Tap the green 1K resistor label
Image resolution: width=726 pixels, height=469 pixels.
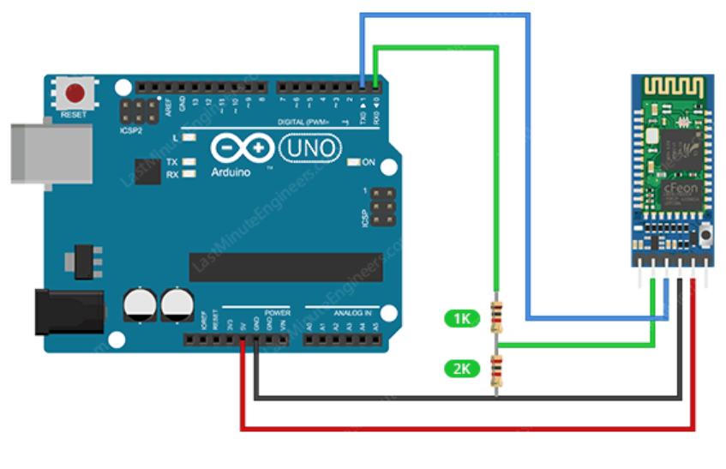click(x=462, y=319)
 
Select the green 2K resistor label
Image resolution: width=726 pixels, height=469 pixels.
click(x=462, y=370)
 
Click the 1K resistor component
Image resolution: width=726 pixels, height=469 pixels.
click(x=495, y=316)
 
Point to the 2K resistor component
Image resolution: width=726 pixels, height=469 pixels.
click(x=495, y=370)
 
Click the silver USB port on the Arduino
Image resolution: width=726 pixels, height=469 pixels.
click(x=51, y=154)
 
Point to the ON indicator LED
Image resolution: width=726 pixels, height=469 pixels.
click(x=352, y=162)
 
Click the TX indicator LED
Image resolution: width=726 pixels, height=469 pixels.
click(x=189, y=162)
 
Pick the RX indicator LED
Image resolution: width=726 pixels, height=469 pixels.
click(x=189, y=174)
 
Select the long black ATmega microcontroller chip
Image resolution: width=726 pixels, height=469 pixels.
click(x=280, y=267)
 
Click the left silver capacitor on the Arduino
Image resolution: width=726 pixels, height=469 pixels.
click(x=140, y=304)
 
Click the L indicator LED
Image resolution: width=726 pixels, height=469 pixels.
click(x=189, y=137)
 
